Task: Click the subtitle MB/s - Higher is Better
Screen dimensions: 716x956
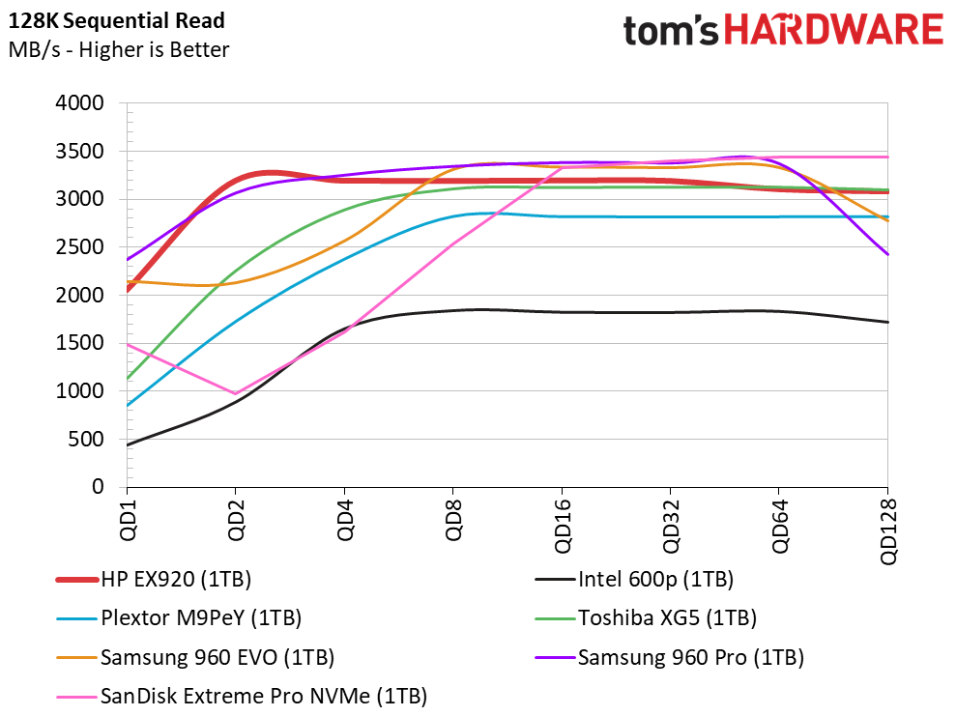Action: [119, 49]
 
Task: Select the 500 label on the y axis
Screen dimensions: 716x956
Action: [90, 440]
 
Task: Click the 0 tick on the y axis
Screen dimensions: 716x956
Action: [98, 488]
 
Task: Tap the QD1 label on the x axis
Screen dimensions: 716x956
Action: [128, 517]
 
